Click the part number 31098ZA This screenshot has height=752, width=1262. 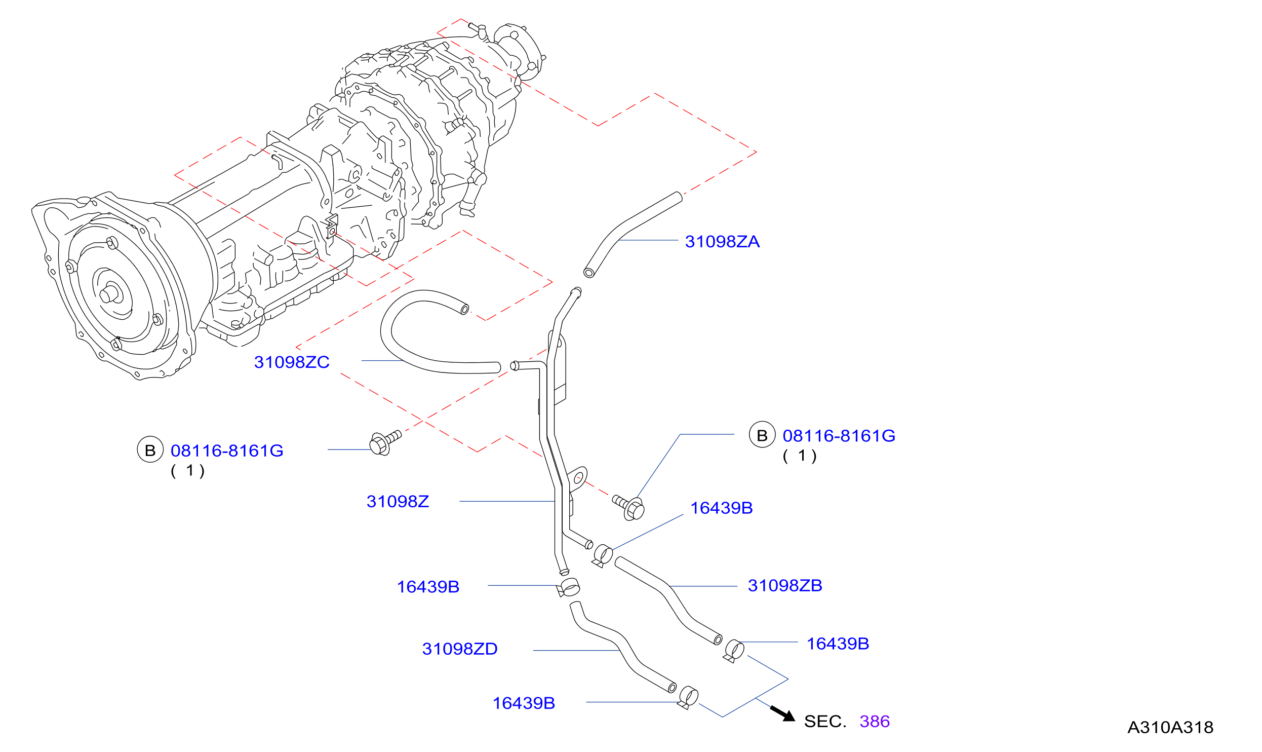pos(722,242)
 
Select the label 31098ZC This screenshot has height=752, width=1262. pos(292,362)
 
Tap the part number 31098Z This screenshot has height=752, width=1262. pos(398,502)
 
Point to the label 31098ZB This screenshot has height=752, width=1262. pos(785,586)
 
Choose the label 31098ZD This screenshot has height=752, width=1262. pos(460,649)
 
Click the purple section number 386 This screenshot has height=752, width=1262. pos(875,722)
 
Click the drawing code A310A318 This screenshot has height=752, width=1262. pos(1170,728)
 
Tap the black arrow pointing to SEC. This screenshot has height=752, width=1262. pos(783,713)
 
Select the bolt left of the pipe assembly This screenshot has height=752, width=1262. pos(385,442)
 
